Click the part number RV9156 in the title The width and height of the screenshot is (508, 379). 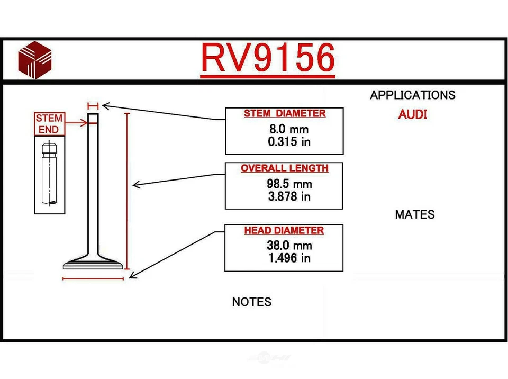tap(268, 58)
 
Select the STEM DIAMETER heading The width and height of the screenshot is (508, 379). tap(284, 113)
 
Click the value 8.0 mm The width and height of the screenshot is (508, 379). tap(288, 129)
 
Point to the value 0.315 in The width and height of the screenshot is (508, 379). tap(289, 141)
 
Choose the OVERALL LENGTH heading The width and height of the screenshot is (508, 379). tap(284, 168)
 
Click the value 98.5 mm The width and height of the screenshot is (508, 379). tap(289, 184)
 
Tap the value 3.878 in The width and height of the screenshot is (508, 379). tap(289, 196)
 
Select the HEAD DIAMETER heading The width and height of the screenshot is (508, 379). tap(284, 231)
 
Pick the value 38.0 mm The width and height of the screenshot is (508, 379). tap(289, 246)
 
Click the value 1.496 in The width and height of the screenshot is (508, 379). tap(289, 258)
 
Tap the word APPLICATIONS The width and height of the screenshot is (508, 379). tap(412, 95)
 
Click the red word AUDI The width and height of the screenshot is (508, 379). tap(412, 114)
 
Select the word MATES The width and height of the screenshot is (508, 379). tap(414, 214)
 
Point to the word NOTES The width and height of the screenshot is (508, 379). tap(251, 302)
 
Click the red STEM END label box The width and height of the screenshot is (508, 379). tap(49, 124)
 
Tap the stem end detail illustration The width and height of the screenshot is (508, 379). tap(49, 175)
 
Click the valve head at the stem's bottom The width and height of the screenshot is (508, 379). tap(93, 263)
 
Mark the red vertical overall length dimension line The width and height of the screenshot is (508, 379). tap(126, 191)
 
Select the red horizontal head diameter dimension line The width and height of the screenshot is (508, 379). tap(93, 278)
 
